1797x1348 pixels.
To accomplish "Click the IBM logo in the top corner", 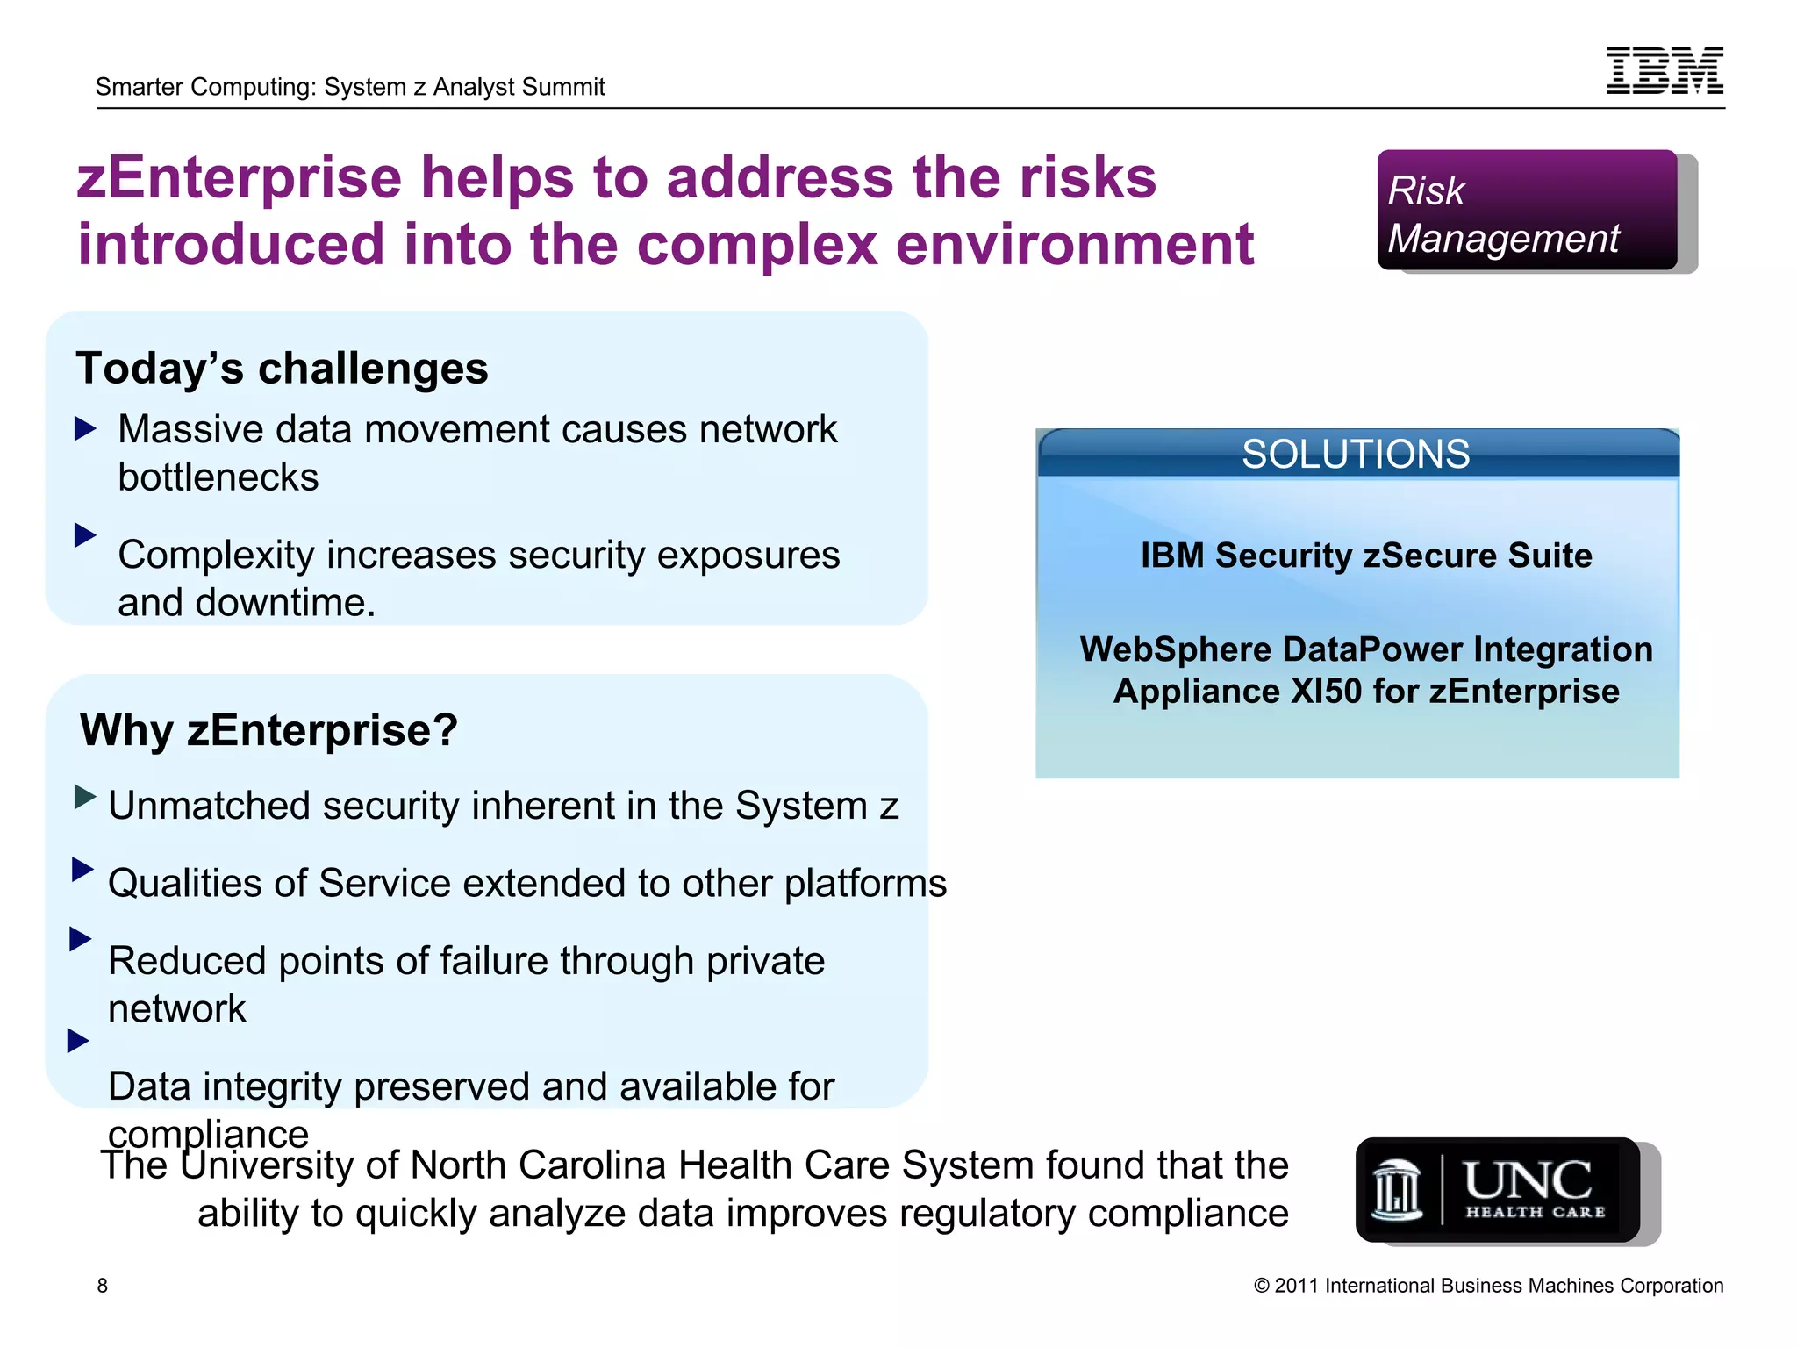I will click(x=1665, y=70).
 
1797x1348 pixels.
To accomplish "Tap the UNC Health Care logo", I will click(x=1497, y=1189).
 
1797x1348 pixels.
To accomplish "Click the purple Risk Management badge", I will click(x=1527, y=210).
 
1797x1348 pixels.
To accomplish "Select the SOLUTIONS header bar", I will click(x=1357, y=454).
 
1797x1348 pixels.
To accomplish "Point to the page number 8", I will click(x=103, y=1286).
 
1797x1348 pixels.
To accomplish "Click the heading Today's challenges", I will click(x=282, y=368).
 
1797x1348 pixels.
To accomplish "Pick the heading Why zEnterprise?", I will click(x=268, y=729).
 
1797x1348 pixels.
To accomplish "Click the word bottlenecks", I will click(x=218, y=477).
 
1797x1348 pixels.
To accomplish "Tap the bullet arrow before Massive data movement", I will click(x=85, y=429).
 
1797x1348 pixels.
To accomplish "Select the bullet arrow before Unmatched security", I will click(x=85, y=797).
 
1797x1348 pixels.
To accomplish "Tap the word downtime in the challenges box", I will click(x=284, y=603).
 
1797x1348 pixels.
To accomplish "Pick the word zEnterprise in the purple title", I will click(x=239, y=177).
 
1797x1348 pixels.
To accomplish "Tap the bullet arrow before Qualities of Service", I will click(x=82, y=869).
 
